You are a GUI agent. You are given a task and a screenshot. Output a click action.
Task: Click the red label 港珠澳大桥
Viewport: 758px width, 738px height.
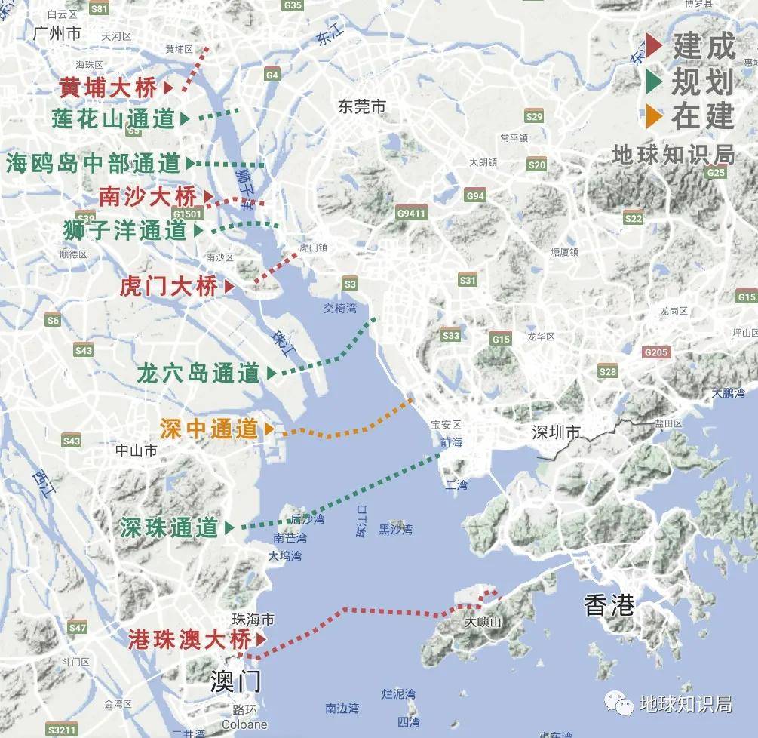189,640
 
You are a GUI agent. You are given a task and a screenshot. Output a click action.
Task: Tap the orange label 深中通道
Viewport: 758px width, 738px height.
209,429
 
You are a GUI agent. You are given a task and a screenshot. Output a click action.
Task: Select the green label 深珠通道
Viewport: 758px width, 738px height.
169,528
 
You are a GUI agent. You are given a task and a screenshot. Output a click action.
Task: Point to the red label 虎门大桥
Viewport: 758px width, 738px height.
169,287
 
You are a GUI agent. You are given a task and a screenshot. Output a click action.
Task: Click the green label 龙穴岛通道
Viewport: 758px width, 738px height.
198,373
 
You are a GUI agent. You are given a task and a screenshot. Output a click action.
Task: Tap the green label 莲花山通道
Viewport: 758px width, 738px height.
113,118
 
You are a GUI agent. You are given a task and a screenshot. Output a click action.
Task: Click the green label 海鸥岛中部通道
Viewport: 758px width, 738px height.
94,163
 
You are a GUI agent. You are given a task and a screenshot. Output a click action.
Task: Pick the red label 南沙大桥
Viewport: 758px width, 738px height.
148,197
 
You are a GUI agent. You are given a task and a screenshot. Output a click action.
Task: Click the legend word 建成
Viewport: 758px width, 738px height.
703,47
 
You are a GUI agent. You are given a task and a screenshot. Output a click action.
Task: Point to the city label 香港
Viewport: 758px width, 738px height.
608,605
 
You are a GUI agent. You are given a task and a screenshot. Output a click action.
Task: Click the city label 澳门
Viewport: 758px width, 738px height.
236,682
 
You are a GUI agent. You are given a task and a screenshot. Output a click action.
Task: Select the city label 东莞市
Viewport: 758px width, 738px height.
362,107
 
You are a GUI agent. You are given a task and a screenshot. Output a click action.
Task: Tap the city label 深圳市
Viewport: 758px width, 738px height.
557,432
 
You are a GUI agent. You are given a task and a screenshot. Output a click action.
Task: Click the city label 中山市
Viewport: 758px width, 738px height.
137,450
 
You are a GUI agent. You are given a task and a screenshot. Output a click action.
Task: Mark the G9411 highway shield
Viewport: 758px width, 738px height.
411,214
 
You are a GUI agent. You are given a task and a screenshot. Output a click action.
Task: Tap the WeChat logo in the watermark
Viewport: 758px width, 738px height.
623,705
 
